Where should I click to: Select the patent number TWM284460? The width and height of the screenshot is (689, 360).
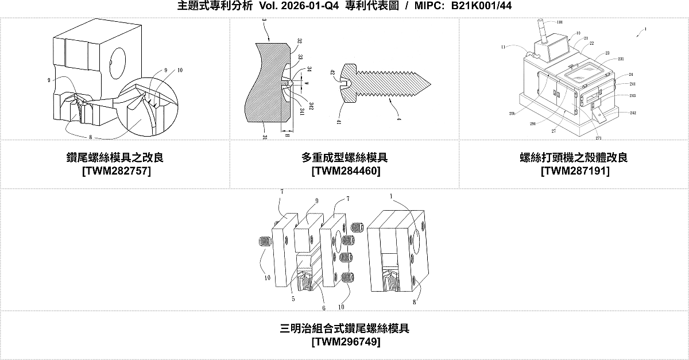[x=345, y=171]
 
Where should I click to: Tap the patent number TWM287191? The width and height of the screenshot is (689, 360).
[x=575, y=171]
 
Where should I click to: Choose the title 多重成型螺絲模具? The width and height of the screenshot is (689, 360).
[x=345, y=157]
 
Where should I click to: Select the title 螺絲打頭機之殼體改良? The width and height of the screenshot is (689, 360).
[x=575, y=157]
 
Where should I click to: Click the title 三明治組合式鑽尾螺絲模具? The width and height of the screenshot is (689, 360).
[x=345, y=328]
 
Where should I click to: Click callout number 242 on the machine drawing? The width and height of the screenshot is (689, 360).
[x=633, y=113]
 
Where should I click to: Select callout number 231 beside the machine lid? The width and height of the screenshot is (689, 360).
[x=621, y=59]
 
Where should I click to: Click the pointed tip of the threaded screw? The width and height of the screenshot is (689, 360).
[x=427, y=82]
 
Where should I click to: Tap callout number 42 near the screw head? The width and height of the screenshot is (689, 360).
[x=332, y=72]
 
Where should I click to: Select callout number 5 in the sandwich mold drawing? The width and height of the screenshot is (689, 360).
[x=293, y=298]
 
